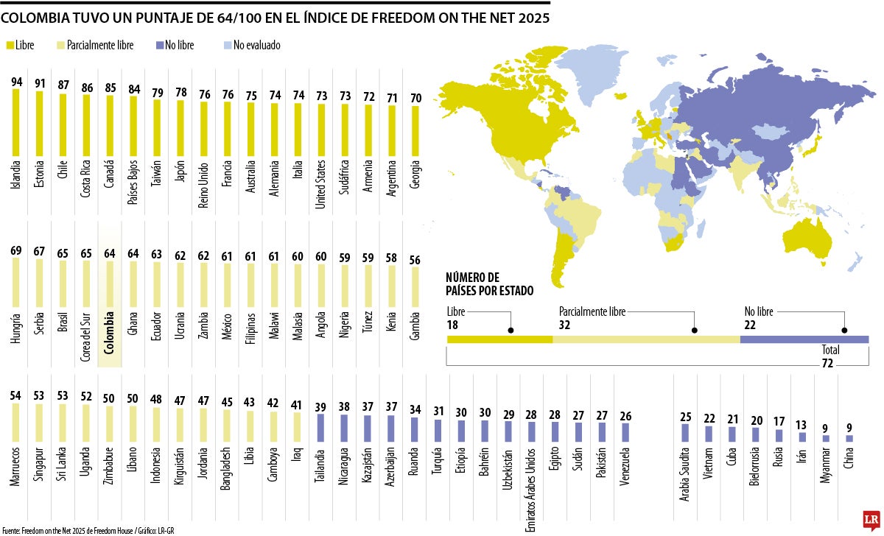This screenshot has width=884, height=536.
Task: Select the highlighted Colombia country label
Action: [x=110, y=334]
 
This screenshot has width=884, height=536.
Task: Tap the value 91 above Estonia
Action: [x=40, y=83]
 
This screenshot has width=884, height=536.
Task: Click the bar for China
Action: [x=849, y=438]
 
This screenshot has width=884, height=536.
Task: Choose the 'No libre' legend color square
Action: [x=158, y=46]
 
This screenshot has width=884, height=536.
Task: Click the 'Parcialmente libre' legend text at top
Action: [x=100, y=46]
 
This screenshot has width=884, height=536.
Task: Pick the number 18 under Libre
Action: [x=453, y=325]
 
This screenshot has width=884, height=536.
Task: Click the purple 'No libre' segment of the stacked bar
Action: [x=804, y=339]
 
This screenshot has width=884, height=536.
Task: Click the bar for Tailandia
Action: [x=320, y=428]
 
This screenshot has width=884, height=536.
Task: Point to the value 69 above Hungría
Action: [x=16, y=250]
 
